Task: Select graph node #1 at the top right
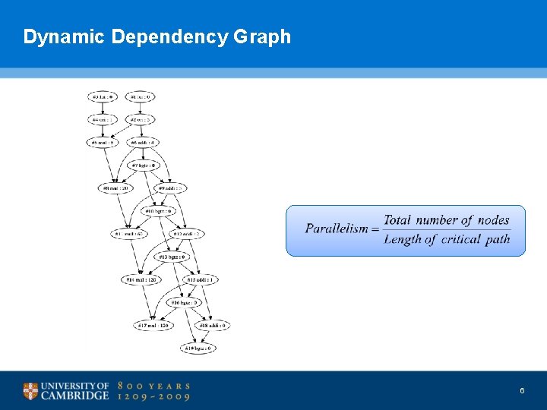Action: coord(140,96)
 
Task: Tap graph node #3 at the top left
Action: coord(102,96)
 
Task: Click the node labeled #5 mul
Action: coord(102,142)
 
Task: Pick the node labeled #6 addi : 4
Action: coord(143,142)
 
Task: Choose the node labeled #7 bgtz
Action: coord(144,165)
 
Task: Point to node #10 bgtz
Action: coord(159,210)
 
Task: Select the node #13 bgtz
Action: coord(172,257)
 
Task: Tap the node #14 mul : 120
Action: coord(142,279)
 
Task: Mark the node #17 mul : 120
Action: coord(154,325)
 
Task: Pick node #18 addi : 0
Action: coord(213,325)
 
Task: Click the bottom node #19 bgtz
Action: coord(198,348)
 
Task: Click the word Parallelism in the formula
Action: coord(337,229)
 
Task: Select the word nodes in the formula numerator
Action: coord(494,220)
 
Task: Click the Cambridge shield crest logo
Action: coord(30,391)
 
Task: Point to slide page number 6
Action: coord(522,390)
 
